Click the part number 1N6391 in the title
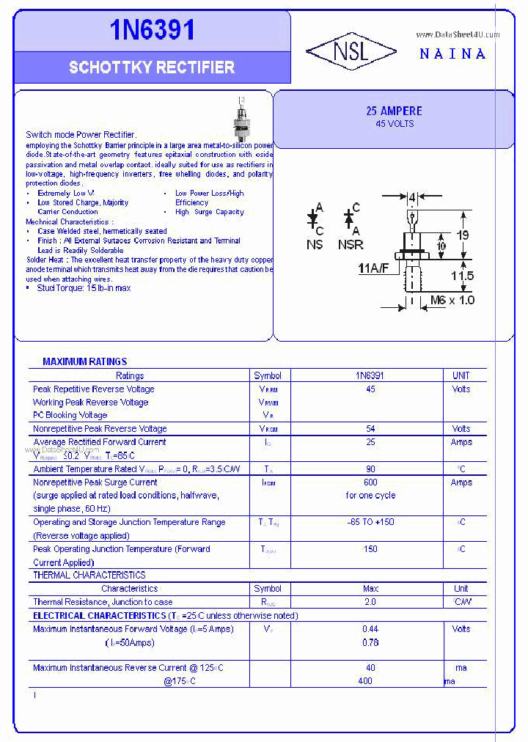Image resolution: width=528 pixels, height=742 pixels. point(153,30)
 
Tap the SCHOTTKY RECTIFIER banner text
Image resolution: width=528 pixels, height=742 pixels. point(152,67)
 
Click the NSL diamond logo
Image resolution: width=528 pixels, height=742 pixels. point(351,51)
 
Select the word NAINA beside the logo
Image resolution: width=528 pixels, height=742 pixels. point(452,54)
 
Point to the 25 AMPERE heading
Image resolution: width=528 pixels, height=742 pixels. point(394,111)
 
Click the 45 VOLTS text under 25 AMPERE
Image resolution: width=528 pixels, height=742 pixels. point(394,124)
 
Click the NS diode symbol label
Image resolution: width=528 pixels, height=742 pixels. point(315,245)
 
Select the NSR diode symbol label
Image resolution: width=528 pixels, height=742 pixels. point(351,245)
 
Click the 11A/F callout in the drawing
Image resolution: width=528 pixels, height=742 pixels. point(373,268)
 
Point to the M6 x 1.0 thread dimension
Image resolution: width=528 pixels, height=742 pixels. point(452,300)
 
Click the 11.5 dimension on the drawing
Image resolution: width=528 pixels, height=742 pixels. point(462,276)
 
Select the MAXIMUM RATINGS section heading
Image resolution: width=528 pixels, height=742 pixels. point(84,361)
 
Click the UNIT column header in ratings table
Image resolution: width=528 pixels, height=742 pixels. point(461,375)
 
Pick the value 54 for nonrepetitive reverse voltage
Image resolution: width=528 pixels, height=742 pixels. point(370,429)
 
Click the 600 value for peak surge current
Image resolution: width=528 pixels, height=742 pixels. point(370,482)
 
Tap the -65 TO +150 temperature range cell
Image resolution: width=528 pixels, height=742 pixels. point(370,522)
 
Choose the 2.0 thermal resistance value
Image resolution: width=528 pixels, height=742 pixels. point(370,602)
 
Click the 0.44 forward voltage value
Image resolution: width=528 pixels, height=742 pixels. point(370,629)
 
